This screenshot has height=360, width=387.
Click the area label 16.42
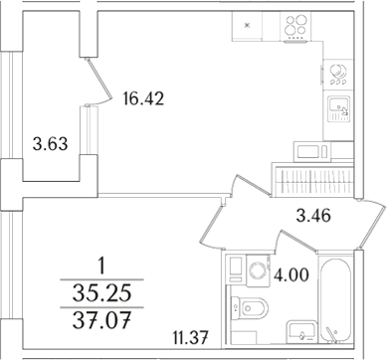tap(143, 98)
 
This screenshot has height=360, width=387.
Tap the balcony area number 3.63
tap(49, 143)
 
